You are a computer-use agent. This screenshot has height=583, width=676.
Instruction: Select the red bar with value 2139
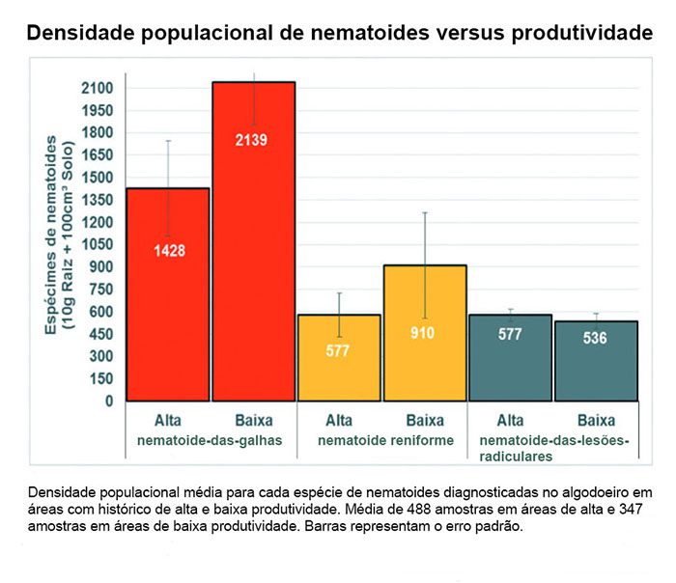[x=253, y=241]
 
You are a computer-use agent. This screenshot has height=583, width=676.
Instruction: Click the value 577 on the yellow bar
[x=338, y=350]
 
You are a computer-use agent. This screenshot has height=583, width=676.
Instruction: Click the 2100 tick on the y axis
[x=97, y=89]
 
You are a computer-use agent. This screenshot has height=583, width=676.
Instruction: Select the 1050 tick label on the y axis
[x=97, y=245]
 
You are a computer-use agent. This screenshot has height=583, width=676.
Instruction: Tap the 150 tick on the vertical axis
[x=100, y=378]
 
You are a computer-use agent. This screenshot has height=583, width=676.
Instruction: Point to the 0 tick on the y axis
[x=109, y=401]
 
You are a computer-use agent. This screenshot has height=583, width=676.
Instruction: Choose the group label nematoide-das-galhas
[x=210, y=440]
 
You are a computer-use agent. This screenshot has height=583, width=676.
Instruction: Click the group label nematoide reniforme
[x=381, y=440]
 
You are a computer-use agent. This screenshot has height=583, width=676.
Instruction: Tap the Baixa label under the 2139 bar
[x=253, y=421]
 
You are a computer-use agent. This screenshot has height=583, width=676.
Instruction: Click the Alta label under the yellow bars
[x=338, y=421]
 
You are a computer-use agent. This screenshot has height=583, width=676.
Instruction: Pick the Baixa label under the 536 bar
[x=596, y=421]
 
